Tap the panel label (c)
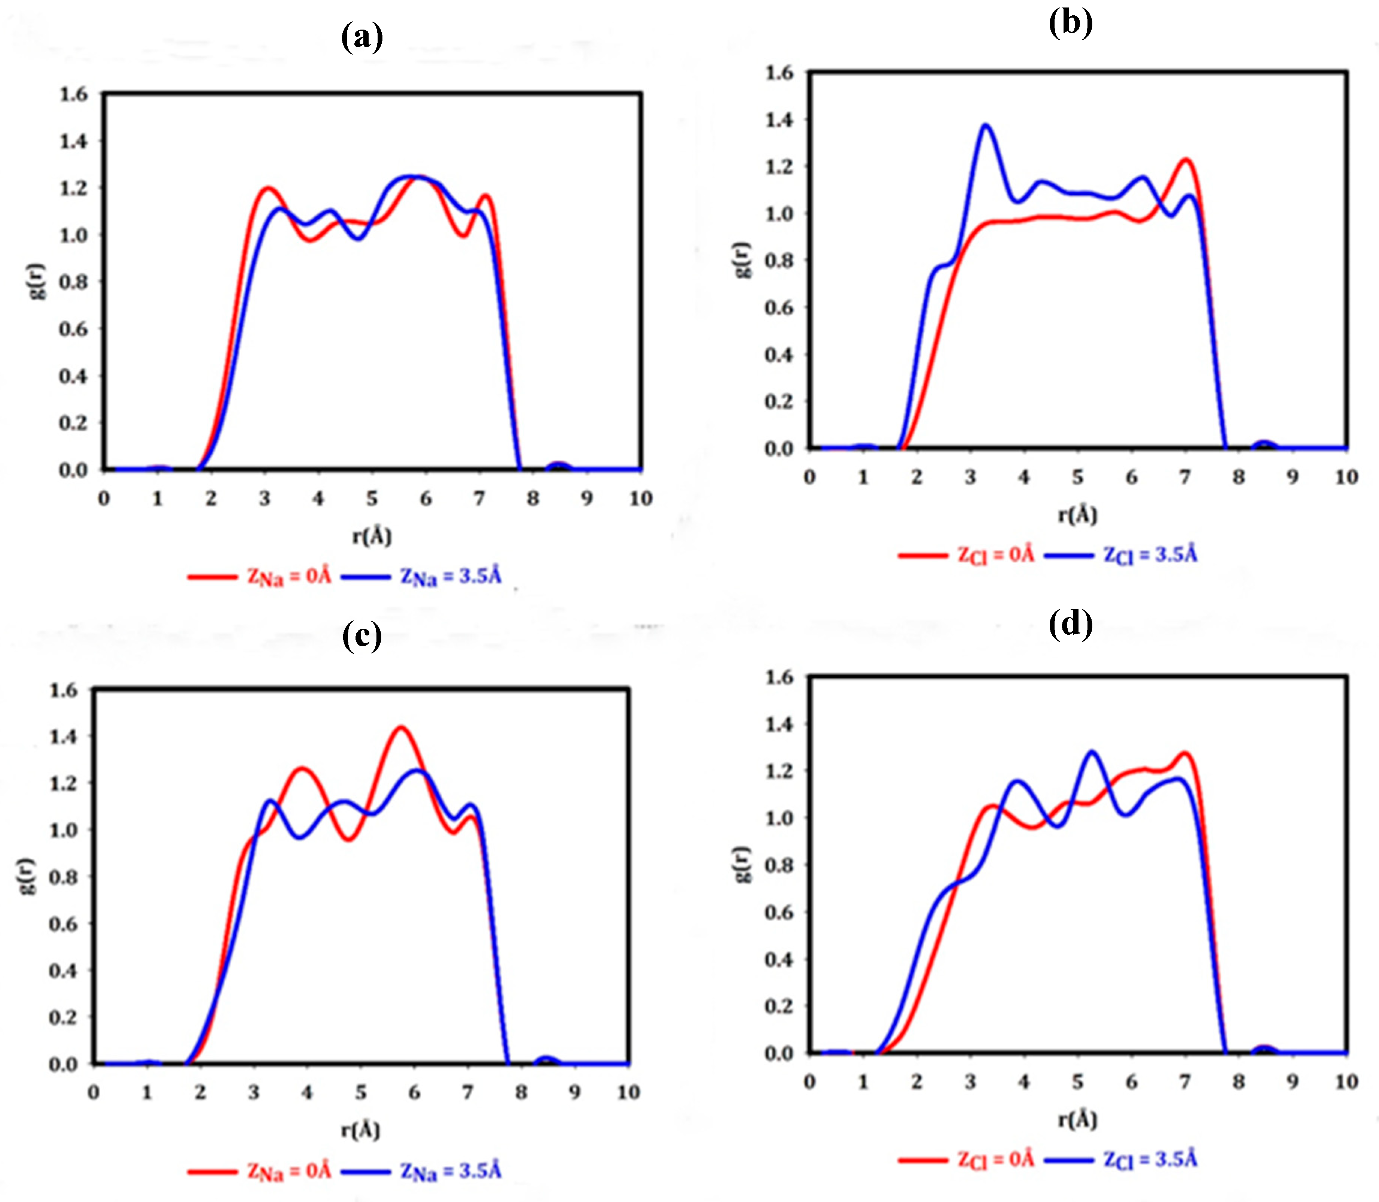pyautogui.click(x=362, y=635)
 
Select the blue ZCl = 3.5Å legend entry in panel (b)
pyautogui.click(x=1149, y=555)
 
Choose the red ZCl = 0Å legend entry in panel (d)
pyautogui.click(x=995, y=1159)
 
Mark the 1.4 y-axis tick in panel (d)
pyautogui.click(x=779, y=724)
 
